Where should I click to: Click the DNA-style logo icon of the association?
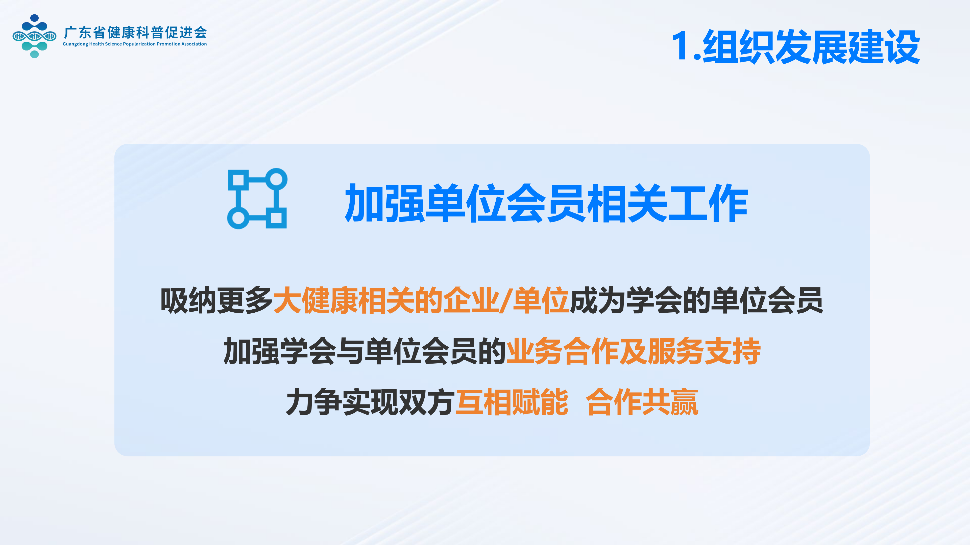click(34, 36)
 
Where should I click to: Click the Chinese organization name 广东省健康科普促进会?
click(135, 33)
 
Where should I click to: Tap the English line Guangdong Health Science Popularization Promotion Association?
click(134, 44)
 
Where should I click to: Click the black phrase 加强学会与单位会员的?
click(365, 351)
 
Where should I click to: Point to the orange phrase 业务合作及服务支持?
click(633, 351)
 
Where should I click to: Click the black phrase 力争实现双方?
click(370, 402)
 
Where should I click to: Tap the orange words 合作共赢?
click(642, 402)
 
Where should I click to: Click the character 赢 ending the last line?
click(685, 402)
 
